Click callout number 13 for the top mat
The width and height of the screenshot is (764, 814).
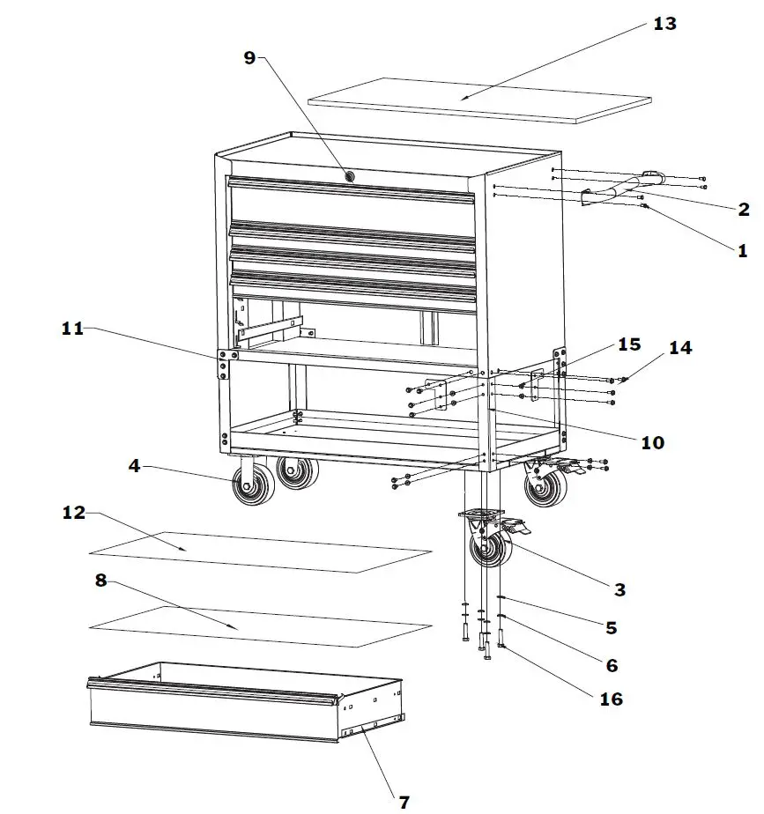coord(664,24)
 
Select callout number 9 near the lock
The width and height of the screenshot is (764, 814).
coord(249,58)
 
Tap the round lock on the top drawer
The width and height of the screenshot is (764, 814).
coord(351,176)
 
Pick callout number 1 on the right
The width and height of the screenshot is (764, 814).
coord(742,250)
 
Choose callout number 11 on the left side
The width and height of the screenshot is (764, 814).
coord(72,329)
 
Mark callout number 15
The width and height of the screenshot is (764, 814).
coord(628,344)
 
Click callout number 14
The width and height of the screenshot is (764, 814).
coord(679,348)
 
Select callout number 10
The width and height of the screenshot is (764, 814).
coord(652,442)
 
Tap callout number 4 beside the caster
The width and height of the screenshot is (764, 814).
coord(134,465)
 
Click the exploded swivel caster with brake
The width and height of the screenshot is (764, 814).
coord(493,542)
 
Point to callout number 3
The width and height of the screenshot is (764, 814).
coord(619,589)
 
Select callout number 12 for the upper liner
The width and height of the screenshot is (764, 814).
coord(74,513)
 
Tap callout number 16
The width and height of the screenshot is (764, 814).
coord(610,699)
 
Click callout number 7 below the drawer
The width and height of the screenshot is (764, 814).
coord(403,802)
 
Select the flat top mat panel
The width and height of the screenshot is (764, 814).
coord(480,99)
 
